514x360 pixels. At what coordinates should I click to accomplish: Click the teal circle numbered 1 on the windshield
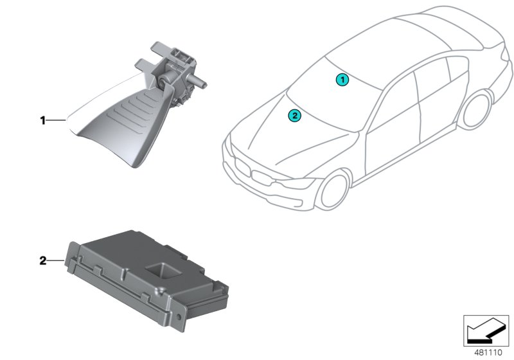click(342, 80)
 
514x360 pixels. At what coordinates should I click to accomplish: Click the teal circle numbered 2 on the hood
click(294, 116)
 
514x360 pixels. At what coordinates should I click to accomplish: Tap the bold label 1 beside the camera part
click(42, 121)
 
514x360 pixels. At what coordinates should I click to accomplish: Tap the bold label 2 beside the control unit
click(43, 261)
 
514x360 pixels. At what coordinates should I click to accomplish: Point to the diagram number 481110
click(488, 352)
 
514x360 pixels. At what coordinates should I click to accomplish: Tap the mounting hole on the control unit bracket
click(179, 317)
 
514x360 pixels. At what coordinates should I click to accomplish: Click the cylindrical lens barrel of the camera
click(196, 82)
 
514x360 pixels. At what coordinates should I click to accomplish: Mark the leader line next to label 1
click(56, 121)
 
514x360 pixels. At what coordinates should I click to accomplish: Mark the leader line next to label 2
click(55, 261)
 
